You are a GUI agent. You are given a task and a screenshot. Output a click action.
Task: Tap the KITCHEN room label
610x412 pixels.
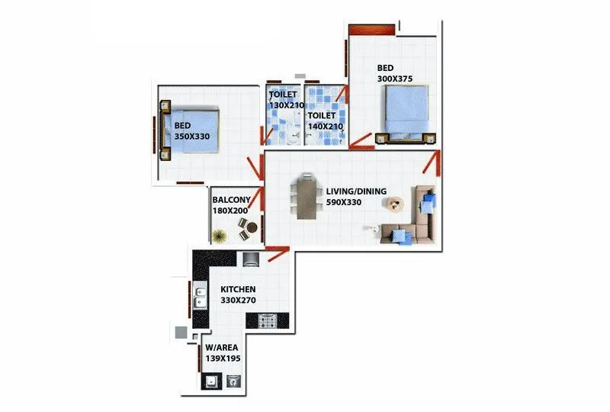pyautogui.click(x=238, y=290)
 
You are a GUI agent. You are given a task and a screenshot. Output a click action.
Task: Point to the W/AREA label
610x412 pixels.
pyautogui.click(x=221, y=347)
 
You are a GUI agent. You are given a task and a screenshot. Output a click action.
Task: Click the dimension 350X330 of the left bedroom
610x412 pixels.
pyautogui.click(x=191, y=137)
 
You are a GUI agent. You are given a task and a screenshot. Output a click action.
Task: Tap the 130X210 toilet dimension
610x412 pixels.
pyautogui.click(x=287, y=105)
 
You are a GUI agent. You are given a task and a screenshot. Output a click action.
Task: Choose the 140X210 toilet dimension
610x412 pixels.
pyautogui.click(x=326, y=126)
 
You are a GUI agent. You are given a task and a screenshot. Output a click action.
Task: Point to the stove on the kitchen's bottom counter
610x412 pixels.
pyautogui.click(x=268, y=321)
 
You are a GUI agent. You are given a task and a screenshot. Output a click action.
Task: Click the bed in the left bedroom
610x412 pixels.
pyautogui.click(x=192, y=130)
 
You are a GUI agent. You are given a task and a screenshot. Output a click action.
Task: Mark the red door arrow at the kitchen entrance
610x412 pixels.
pyautogui.click(x=278, y=249)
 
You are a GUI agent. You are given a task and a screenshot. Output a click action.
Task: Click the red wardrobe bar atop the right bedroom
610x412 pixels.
pyautogui.click(x=371, y=29)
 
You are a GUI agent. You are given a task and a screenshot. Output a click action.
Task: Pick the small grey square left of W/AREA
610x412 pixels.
pyautogui.click(x=180, y=332)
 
